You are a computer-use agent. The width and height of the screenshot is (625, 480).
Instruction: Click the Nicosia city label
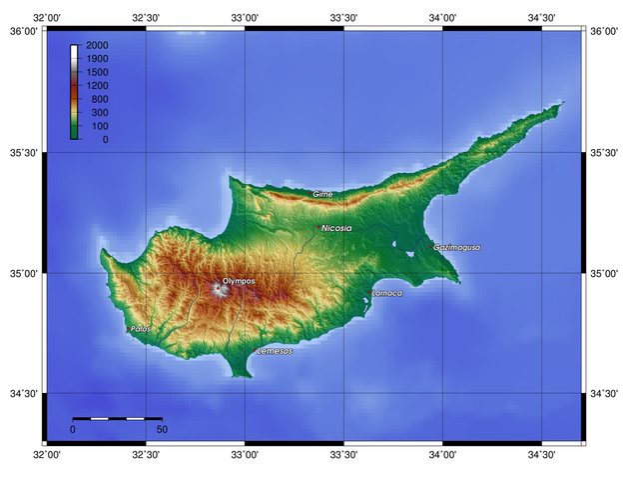pyautogui.click(x=336, y=228)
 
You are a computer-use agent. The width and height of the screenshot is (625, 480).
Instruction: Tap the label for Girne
pyautogui.click(x=322, y=194)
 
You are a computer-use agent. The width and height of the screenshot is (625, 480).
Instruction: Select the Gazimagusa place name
pyautogui.click(x=457, y=247)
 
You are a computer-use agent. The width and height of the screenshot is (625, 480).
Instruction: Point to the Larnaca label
pyautogui.click(x=387, y=293)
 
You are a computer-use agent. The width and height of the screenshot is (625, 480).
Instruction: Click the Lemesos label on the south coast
pyautogui.click(x=275, y=352)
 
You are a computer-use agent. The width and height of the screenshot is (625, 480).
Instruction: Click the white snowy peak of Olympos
pyautogui.click(x=218, y=290)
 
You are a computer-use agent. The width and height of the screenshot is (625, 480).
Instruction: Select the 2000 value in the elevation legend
pyautogui.click(x=97, y=47)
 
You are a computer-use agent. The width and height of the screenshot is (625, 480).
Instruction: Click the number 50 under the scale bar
pyautogui.click(x=162, y=430)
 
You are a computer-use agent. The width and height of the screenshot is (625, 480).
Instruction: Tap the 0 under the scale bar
pyautogui.click(x=73, y=430)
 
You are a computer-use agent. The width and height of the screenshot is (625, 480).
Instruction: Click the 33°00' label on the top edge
pyautogui.click(x=245, y=17)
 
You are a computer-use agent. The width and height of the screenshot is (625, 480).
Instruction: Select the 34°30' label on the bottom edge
pyautogui.click(x=541, y=455)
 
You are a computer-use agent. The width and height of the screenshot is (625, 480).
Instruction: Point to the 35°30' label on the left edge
pyautogui.click(x=20, y=153)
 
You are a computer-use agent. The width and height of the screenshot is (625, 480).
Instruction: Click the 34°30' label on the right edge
pyautogui.click(x=604, y=394)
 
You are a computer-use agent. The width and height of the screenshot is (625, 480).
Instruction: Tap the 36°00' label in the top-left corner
pyautogui.click(x=20, y=31)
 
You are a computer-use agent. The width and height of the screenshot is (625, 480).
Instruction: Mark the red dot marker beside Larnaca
pyautogui.click(x=371, y=293)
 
